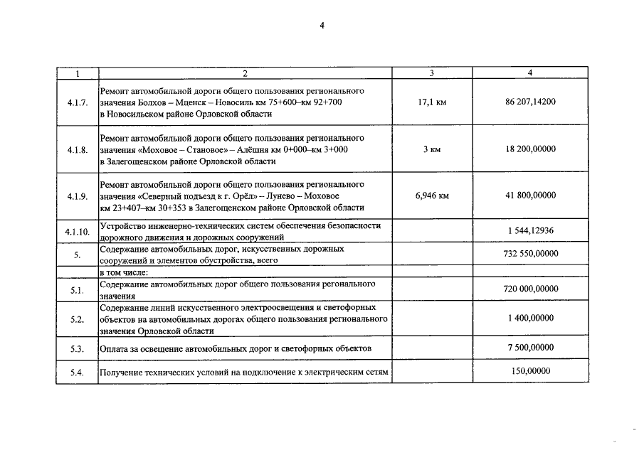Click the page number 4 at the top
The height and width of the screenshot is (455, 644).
coord(322,26)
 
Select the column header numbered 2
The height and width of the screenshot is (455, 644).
coord(245,73)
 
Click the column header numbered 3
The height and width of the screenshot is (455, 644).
coord(432,73)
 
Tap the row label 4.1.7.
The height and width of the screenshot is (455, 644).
coord(77,103)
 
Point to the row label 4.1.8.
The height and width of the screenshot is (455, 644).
coord(77,150)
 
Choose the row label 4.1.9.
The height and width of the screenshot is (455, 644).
coord(77,196)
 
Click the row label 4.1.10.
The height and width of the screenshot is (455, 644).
coord(77,232)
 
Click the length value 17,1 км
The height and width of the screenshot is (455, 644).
coord(432,102)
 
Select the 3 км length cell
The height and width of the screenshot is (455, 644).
coord(432,149)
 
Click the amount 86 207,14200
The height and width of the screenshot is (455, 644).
coord(530,102)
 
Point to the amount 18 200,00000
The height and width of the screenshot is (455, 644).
coord(530,149)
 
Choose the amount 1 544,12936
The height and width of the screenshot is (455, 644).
coord(531,232)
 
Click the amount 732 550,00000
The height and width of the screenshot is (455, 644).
coord(530,254)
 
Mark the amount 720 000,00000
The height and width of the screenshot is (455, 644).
coord(530,289)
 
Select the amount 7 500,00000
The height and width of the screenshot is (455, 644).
coord(530,348)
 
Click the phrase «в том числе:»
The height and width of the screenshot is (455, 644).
coord(124,272)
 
